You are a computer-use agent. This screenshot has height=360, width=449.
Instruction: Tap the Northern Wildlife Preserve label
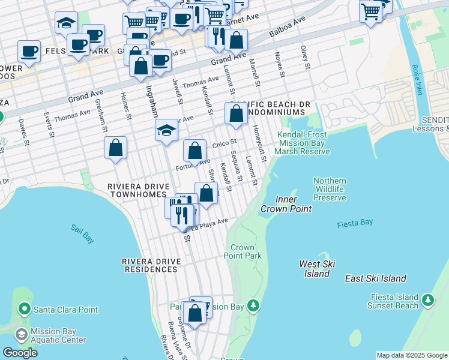click(x=330, y=189)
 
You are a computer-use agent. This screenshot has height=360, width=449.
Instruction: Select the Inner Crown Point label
click(x=286, y=204)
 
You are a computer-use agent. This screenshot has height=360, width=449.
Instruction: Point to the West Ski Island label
click(x=317, y=269)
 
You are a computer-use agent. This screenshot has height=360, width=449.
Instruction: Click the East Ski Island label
click(x=375, y=278)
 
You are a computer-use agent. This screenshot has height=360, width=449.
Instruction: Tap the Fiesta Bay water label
click(x=355, y=223)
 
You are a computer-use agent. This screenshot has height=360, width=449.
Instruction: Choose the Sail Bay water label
click(x=82, y=233)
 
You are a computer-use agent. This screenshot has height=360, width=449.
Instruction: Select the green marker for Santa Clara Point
click(x=25, y=310)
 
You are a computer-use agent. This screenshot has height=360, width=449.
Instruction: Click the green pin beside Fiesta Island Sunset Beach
click(x=427, y=299)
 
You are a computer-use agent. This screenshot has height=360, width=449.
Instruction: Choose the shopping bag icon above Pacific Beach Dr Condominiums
click(x=237, y=113)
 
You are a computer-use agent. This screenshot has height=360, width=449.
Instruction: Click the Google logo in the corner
click(x=19, y=353)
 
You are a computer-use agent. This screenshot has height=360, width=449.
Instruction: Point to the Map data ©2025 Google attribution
click(x=411, y=355)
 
